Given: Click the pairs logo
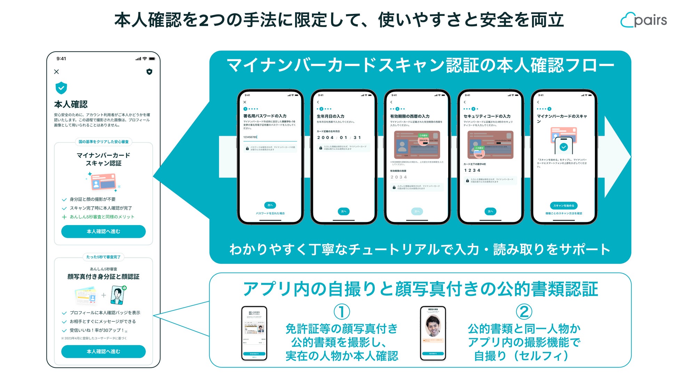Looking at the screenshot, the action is coord(644,20).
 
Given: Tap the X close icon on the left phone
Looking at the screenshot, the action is coord(57,72).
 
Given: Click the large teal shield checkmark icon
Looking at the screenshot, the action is coord(61,88).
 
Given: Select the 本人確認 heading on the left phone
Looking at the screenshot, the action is coord(71,104).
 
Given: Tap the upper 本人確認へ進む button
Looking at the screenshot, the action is coord(103,231).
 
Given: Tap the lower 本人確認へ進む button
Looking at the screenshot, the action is coord(103,351).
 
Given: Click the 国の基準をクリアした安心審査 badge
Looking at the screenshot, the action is coord(103,142).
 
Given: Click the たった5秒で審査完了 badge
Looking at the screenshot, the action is coord(103,257).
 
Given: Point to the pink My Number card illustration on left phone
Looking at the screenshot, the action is coord(103,182).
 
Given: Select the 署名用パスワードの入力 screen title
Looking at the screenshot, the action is coord(265,116).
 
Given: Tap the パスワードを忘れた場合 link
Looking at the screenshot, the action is coord(270,213).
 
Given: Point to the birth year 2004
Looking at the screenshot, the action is coord(325,138).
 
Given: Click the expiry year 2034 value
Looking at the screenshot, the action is coord(398,177).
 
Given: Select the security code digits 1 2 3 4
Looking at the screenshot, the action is coord(472,170).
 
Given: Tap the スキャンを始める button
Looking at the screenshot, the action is coord(564,206).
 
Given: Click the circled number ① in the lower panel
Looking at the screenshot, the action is coord(341,312).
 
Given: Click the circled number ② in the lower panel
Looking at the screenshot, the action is coord(524,312).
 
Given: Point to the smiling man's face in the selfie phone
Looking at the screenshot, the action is coord(433,325).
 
